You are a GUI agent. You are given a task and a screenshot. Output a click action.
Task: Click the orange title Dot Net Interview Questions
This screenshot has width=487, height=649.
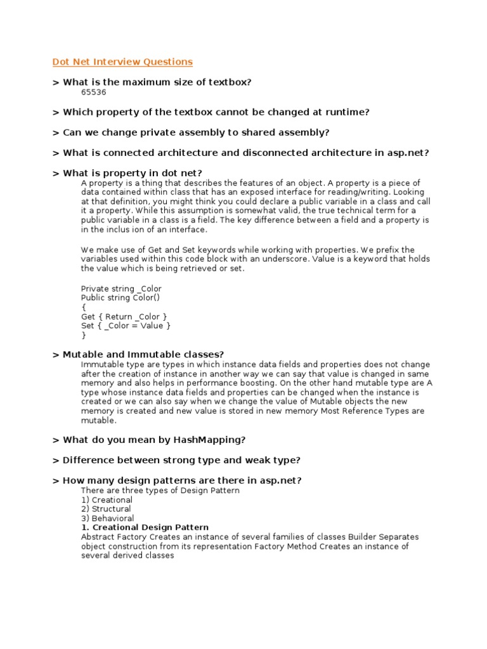[122, 61]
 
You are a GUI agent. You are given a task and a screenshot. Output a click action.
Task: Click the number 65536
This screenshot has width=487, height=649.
[93, 92]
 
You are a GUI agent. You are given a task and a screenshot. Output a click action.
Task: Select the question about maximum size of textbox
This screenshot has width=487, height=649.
[152, 82]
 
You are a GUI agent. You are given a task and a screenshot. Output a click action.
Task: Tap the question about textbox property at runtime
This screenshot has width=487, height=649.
[211, 112]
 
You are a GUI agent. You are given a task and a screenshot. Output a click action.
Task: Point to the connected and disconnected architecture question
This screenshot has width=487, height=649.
[241, 153]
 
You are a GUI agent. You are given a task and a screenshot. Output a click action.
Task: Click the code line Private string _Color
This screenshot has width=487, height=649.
[121, 288]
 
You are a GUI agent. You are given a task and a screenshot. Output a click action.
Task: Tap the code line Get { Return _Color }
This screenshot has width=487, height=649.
[124, 316]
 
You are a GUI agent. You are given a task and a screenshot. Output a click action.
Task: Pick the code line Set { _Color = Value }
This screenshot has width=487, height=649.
[126, 326]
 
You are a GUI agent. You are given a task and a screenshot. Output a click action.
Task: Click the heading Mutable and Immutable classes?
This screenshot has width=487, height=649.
[138, 354]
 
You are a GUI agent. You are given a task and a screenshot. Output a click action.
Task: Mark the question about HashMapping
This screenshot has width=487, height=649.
[150, 440]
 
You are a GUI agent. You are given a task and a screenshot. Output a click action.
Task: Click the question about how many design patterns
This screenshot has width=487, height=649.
[177, 480]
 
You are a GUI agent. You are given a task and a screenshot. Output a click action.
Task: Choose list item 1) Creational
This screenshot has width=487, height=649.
[107, 499]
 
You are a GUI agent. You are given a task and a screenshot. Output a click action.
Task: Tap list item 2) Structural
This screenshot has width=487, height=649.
[106, 509]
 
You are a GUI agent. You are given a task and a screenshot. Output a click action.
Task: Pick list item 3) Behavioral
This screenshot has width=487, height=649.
[107, 518]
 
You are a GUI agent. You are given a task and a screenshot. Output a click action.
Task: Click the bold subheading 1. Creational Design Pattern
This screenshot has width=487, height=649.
[145, 527]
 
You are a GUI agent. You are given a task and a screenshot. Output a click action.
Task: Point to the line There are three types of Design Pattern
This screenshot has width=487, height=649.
[160, 491]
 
